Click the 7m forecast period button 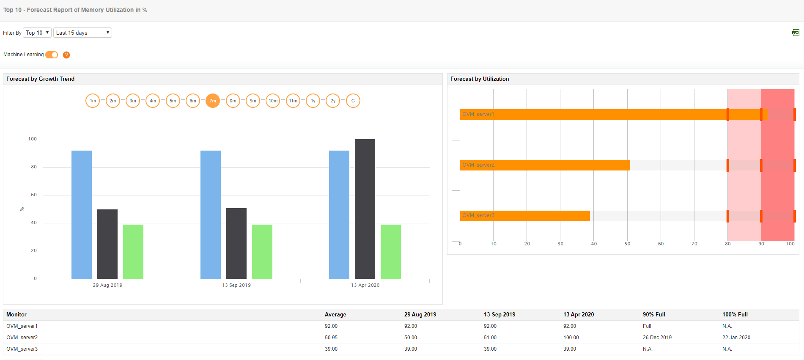coord(213,101)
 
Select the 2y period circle coord(333,101)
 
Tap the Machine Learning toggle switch coord(52,55)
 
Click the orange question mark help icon coord(66,55)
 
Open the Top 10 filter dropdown coord(37,33)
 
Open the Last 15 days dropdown coord(82,33)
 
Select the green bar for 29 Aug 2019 coord(133,251)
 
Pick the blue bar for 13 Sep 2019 coord(211,214)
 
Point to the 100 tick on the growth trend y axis coord(33,139)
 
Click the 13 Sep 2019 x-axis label coord(236,285)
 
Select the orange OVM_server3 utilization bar coord(525,216)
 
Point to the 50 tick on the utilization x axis coord(627,244)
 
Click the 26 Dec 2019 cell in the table coord(657,338)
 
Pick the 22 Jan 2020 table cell coord(736,338)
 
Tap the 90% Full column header coord(653,314)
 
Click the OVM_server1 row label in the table coord(22,326)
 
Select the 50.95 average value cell coord(331,338)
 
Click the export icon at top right coord(796,33)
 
